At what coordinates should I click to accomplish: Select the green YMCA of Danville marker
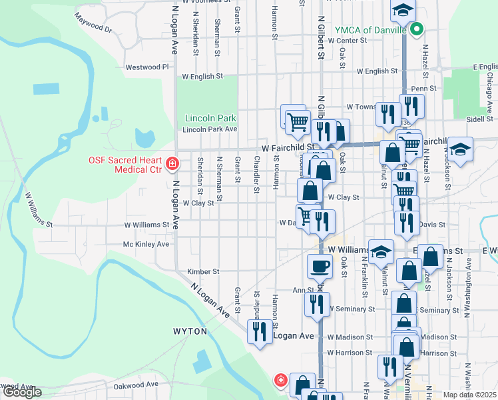(x=417, y=29)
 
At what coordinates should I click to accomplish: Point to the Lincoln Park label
(x=210, y=118)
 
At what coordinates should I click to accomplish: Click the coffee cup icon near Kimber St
(x=319, y=266)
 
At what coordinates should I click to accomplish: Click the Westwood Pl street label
(x=148, y=67)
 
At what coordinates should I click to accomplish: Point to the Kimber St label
(x=203, y=272)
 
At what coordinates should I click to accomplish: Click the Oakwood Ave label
(x=135, y=385)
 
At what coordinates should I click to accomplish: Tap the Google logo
(x=22, y=392)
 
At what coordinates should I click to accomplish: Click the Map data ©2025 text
(x=469, y=395)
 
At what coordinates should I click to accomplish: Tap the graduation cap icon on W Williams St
(x=380, y=251)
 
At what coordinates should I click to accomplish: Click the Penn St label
(x=423, y=88)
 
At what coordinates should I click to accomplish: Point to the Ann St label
(x=303, y=290)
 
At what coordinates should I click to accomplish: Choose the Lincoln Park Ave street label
(x=210, y=129)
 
